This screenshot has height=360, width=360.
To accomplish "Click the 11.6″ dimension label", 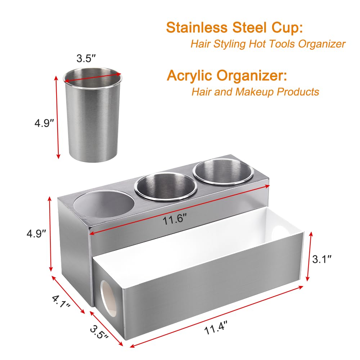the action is [x=174, y=219].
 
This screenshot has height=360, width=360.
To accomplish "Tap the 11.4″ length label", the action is [x=216, y=328].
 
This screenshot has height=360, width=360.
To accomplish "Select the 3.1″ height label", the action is [x=322, y=259].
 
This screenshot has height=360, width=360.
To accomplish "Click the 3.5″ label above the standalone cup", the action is [x=86, y=58].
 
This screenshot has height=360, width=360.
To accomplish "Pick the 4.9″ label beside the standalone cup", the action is [x=44, y=123].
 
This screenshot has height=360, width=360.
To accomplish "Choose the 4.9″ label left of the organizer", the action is [x=36, y=234].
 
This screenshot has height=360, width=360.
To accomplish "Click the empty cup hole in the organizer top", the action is [x=104, y=204].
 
